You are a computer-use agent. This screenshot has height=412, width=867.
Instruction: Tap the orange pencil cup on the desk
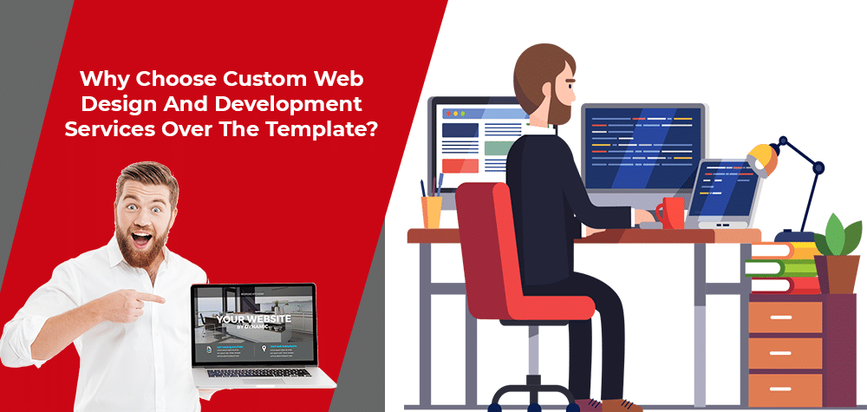point(432,211)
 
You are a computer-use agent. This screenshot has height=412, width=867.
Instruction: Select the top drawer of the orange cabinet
point(784,317)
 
